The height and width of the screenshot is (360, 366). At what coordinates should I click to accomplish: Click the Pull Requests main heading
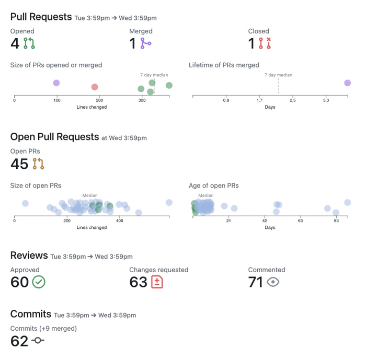pyautogui.click(x=41, y=17)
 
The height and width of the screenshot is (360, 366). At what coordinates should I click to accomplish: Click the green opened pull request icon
pyautogui.click(x=29, y=43)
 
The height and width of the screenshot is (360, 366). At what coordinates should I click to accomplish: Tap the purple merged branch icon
pyautogui.click(x=146, y=43)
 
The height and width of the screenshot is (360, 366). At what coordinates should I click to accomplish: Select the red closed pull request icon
pyautogui.click(x=265, y=43)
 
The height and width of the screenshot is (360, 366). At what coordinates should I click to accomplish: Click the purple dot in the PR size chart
pyautogui.click(x=56, y=83)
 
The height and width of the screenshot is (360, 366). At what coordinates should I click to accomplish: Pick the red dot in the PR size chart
pyautogui.click(x=95, y=87)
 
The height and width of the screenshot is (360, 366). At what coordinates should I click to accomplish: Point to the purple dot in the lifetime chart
pyautogui.click(x=347, y=83)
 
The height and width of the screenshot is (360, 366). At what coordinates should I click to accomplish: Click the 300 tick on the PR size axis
pyautogui.click(x=142, y=100)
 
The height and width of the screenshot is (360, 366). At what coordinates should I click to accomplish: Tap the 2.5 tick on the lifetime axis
pyautogui.click(x=293, y=100)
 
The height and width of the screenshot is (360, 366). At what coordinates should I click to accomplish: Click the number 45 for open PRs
pyautogui.click(x=19, y=164)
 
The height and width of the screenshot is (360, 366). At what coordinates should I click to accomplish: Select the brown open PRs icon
pyautogui.click(x=38, y=164)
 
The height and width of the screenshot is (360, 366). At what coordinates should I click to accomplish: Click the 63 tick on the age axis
pyautogui.click(x=300, y=220)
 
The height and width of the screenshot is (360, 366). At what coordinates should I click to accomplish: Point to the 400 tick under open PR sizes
pyautogui.click(x=119, y=220)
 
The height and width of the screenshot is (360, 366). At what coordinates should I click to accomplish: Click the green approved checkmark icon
pyautogui.click(x=39, y=282)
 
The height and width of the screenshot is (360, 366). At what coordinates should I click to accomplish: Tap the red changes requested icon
pyautogui.click(x=157, y=282)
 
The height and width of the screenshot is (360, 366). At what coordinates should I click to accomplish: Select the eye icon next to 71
pyautogui.click(x=273, y=282)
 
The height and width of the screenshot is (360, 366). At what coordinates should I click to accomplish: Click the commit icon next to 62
pyautogui.click(x=38, y=341)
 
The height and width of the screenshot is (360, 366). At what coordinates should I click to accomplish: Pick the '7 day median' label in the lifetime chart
pyautogui.click(x=278, y=75)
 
